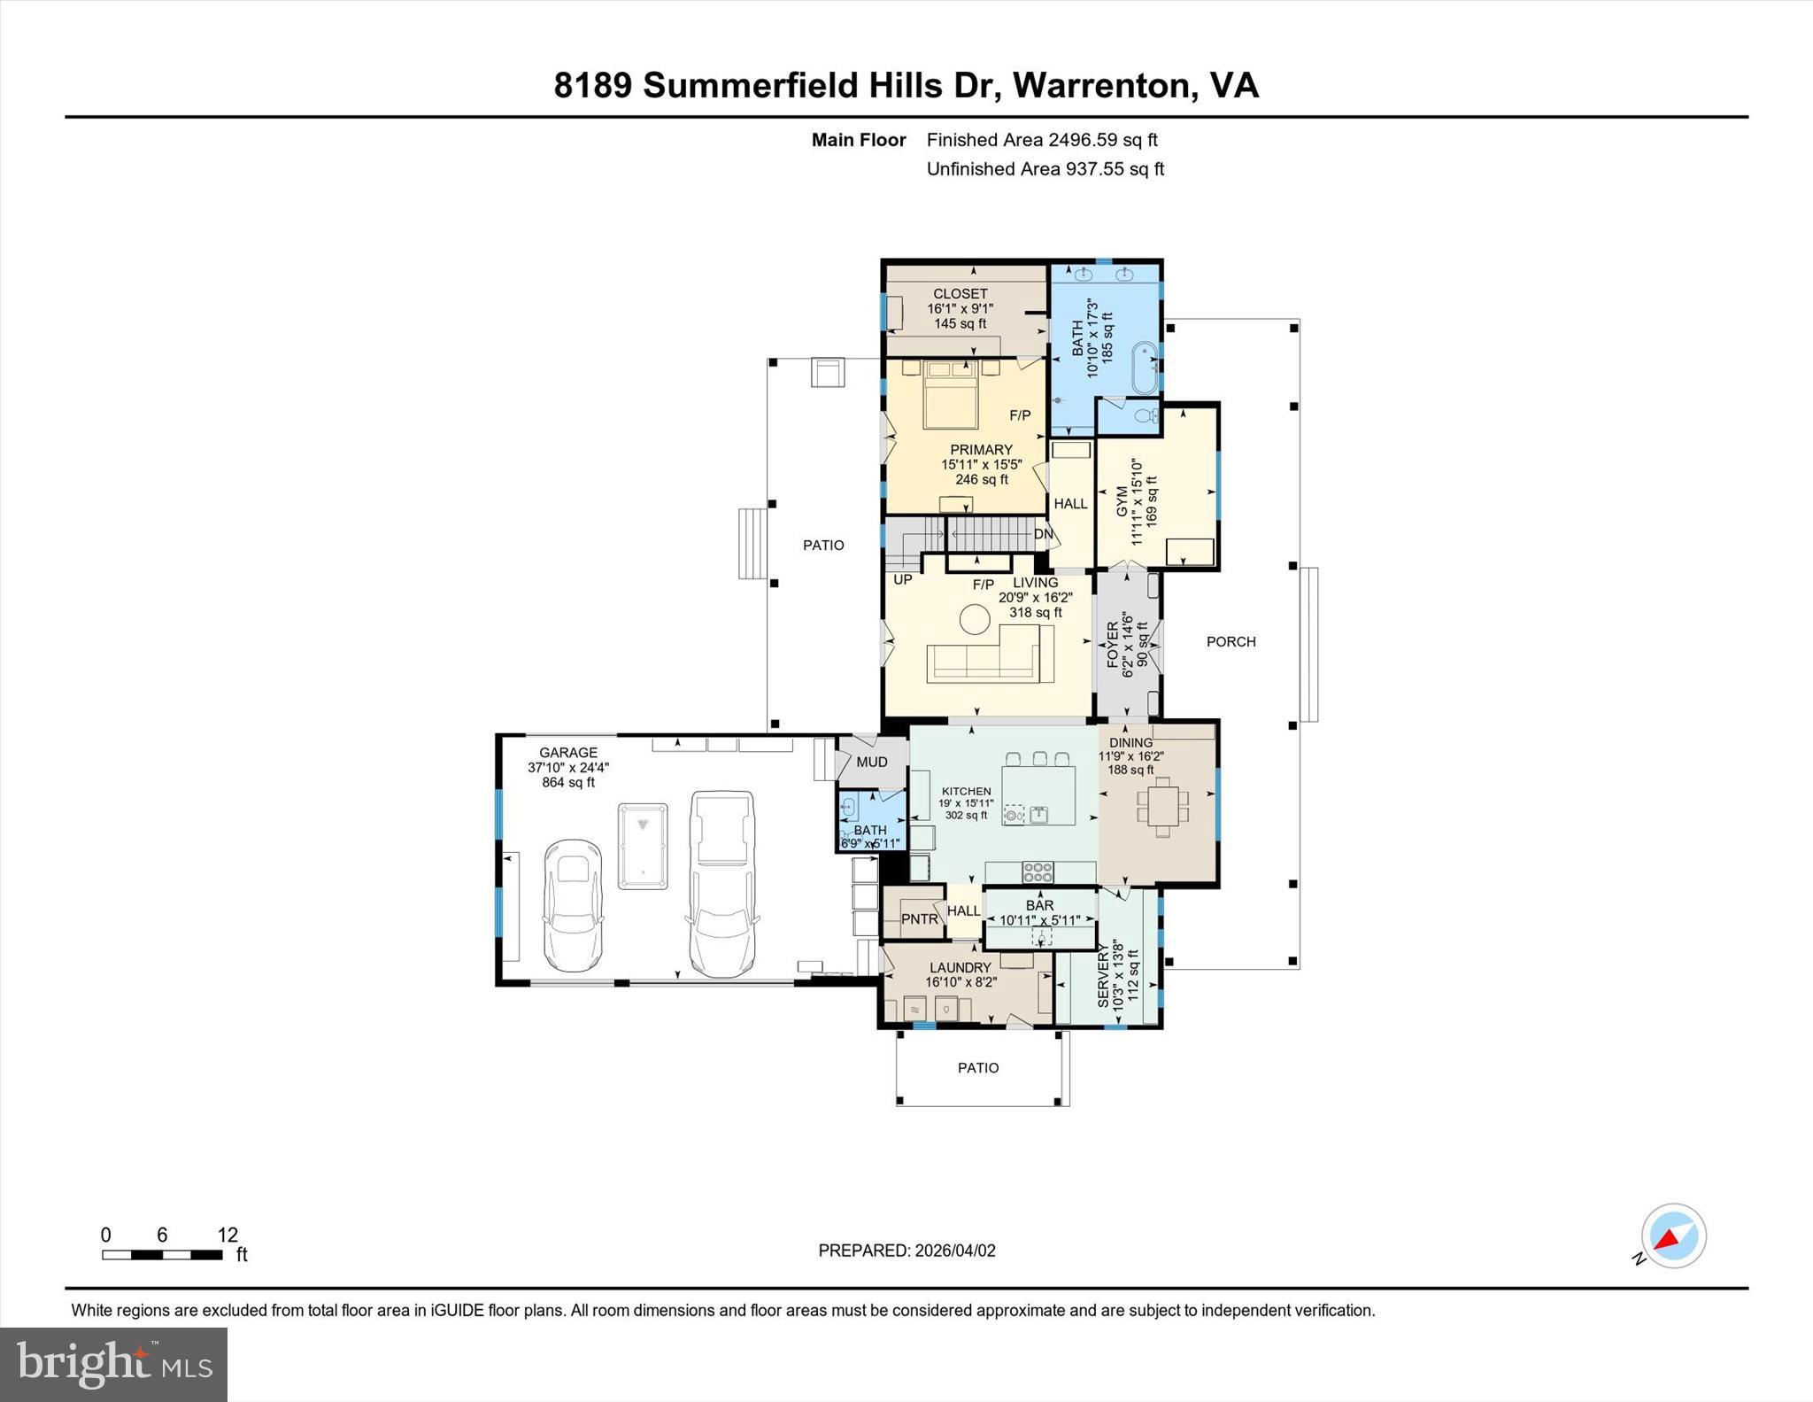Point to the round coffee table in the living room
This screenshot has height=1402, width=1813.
click(976, 619)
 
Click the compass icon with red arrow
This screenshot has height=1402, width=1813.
click(1672, 1236)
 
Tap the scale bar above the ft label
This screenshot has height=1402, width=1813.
click(162, 1254)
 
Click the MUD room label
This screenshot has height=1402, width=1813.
click(872, 762)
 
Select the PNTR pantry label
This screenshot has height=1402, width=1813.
click(919, 919)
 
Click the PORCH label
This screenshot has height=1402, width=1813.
click(1231, 641)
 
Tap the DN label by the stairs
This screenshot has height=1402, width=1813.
click(1044, 534)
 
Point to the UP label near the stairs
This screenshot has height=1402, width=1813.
click(902, 580)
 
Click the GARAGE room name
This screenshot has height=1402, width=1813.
click(568, 753)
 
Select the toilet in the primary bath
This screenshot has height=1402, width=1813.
click(1145, 416)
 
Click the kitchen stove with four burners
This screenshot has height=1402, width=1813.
click(1038, 871)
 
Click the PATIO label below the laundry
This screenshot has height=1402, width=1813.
click(978, 1068)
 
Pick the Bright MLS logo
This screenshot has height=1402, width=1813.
click(114, 1364)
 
